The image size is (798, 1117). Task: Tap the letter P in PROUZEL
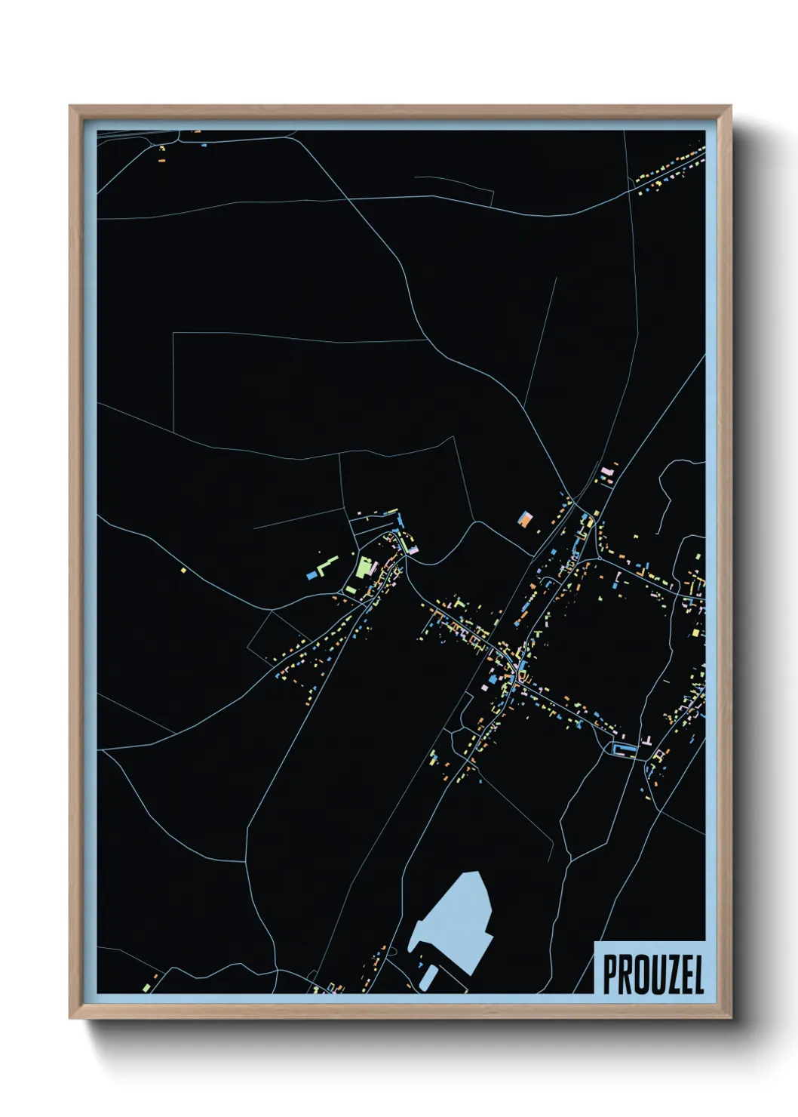[610, 975]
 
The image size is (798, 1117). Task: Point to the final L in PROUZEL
[698, 975]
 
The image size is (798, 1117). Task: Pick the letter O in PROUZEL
[639, 975]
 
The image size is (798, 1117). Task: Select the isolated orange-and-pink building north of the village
[525, 519]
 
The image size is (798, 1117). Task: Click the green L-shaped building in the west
[327, 565]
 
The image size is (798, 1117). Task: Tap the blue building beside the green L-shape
[312, 576]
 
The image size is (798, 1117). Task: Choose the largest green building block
[366, 567]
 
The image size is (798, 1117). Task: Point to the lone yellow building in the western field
[183, 571]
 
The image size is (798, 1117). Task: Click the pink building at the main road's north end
[606, 472]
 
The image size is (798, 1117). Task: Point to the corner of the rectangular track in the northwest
[173, 333]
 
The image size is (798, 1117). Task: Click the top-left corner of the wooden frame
[71, 107]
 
